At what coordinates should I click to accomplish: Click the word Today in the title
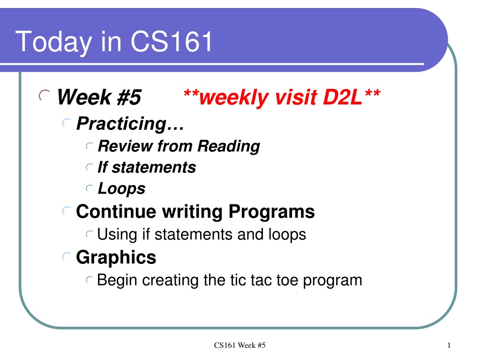[53, 42]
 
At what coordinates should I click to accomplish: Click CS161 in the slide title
[172, 41]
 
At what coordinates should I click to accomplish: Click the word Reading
[229, 146]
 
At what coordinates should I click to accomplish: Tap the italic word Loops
[121, 188]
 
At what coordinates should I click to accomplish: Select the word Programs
[271, 212]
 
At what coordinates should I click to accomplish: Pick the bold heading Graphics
[116, 257]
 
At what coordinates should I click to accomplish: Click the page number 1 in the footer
[449, 345]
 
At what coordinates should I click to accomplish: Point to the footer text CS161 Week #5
[240, 345]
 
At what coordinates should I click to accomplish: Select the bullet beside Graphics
[67, 256]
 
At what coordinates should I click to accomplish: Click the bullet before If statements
[89, 167]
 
